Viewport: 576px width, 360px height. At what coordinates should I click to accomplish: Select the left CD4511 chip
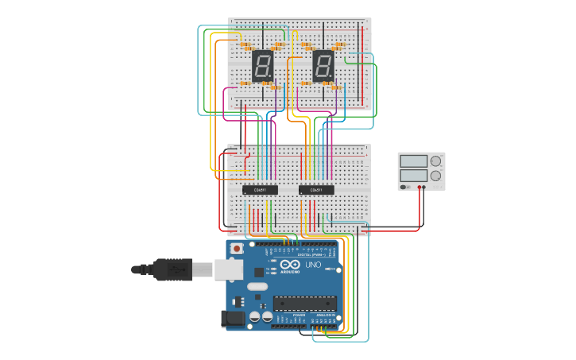[260, 190]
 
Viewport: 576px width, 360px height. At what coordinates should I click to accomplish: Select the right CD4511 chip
[316, 190]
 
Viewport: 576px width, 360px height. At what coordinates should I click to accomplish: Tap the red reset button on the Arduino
[237, 249]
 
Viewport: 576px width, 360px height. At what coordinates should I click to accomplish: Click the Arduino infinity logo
[289, 265]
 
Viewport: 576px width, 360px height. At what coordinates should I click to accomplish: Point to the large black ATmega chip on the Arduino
[305, 303]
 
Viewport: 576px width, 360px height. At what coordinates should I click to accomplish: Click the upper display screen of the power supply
[414, 161]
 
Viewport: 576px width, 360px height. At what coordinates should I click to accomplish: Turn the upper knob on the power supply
[435, 161]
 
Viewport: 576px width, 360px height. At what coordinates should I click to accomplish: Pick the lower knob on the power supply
[435, 176]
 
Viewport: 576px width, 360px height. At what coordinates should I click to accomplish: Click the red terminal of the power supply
[419, 188]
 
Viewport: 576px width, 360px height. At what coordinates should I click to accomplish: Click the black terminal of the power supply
[424, 188]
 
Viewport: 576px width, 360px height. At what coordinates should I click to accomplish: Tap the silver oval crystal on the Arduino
[257, 286]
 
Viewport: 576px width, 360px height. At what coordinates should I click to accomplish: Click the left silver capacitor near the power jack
[254, 316]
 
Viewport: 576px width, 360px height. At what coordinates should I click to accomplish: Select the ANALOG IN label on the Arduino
[326, 315]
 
